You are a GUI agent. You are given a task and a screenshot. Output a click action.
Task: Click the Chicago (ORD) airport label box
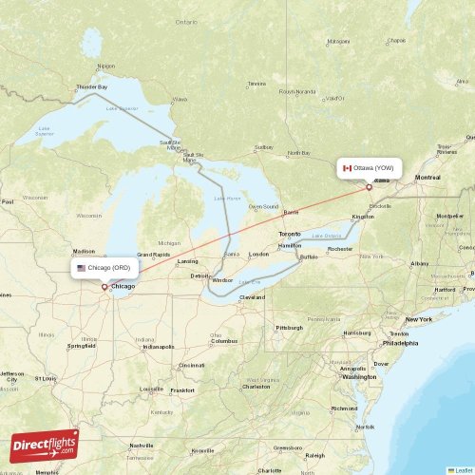click(105, 268)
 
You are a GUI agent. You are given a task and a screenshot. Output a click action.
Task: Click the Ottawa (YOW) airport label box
click(371, 168)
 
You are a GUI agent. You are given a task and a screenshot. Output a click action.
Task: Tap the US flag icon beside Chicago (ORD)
click(82, 268)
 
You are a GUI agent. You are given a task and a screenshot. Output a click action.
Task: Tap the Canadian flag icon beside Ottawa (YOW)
click(348, 168)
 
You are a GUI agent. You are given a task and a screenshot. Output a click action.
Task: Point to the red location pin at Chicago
click(104, 284)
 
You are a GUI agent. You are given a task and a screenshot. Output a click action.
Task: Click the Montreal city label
click(427, 178)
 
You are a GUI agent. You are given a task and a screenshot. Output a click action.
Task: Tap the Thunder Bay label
click(91, 87)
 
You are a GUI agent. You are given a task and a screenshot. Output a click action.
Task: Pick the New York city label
click(419, 319)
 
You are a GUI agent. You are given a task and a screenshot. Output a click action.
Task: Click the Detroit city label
click(199, 276)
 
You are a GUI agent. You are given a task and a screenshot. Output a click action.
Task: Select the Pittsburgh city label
click(289, 327)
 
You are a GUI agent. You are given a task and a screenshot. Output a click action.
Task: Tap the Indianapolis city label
click(157, 347)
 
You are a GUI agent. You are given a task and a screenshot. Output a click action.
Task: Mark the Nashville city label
click(142, 446)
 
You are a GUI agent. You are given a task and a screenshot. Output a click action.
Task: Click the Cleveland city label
click(253, 297)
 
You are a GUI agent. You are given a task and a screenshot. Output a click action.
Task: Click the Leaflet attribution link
click(463, 469)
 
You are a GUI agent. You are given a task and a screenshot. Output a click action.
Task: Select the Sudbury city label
click(265, 147)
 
